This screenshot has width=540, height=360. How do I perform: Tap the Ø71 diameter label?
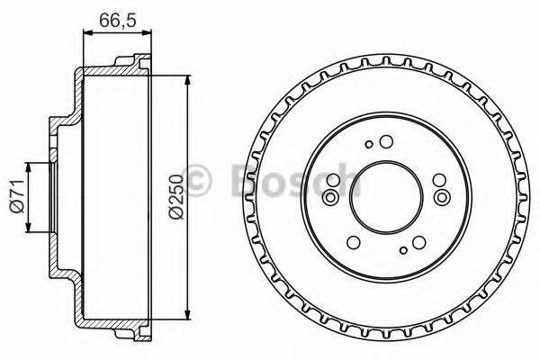(x=15, y=195)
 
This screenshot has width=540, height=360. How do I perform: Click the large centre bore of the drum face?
(x=386, y=196)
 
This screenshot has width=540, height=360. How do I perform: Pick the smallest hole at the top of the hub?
(x=370, y=144)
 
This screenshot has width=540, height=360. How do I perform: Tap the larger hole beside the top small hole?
(x=386, y=140)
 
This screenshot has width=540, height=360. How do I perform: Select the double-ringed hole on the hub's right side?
(x=441, y=197)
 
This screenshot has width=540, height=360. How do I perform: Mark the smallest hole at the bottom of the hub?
(x=402, y=248)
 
